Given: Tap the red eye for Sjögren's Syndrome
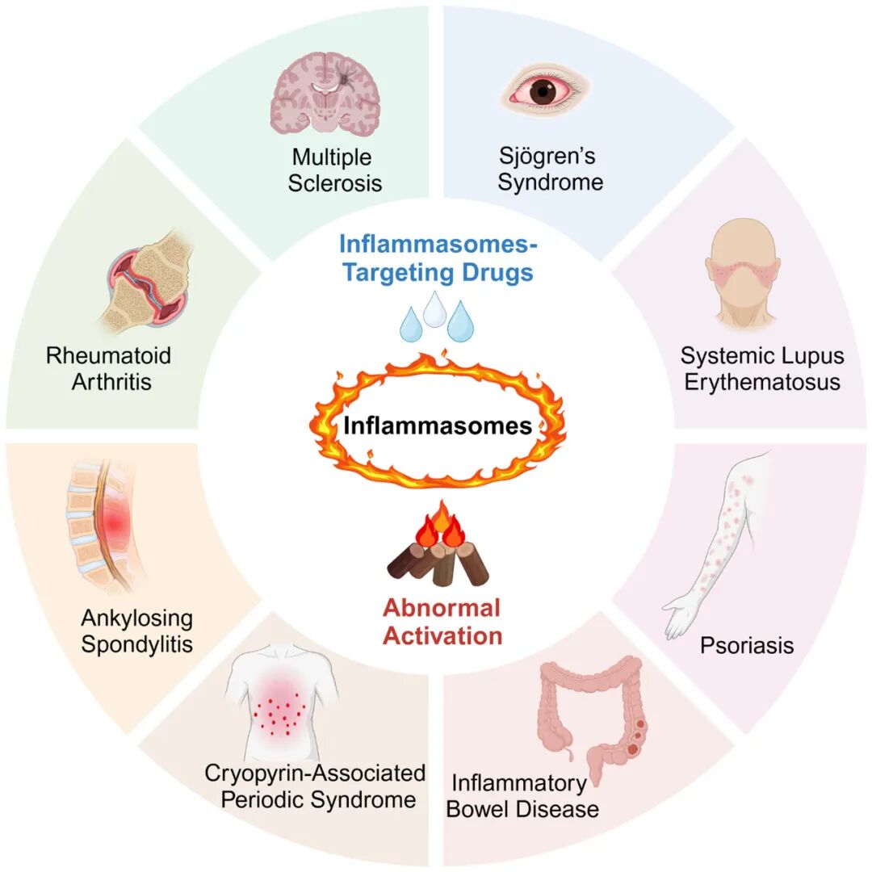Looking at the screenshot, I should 549,90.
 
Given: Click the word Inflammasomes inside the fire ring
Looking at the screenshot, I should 438,426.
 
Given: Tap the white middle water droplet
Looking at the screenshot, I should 436,309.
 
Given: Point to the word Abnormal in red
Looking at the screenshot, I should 442,608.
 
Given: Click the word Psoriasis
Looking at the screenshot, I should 747,646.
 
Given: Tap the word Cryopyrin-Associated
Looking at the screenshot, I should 315,773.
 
